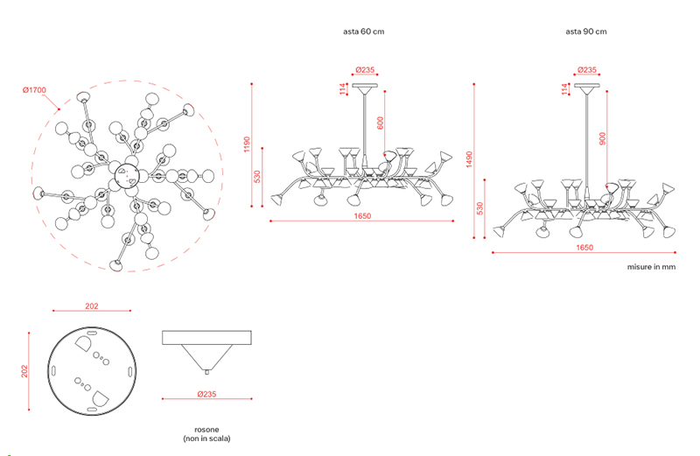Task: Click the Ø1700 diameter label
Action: (34, 90)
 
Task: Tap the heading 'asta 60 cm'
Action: (363, 32)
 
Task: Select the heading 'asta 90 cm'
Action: (586, 32)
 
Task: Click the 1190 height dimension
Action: (247, 144)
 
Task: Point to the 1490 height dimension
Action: (469, 159)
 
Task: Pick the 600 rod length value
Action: (381, 123)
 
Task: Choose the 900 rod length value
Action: (603, 138)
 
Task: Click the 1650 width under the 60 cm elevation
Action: (362, 215)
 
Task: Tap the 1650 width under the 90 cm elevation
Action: (584, 248)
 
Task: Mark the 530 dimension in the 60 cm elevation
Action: (257, 177)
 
